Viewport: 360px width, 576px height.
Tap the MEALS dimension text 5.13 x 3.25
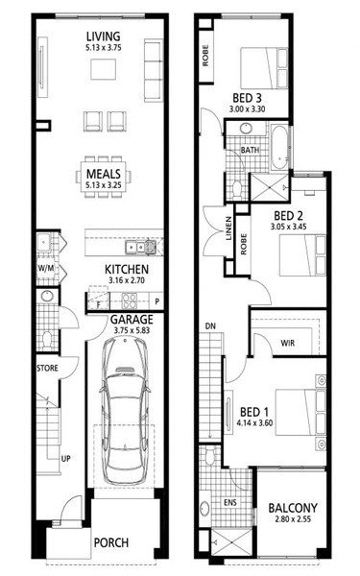(x=104, y=184)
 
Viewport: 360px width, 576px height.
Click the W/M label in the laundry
(x=46, y=268)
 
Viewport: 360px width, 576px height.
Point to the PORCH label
(x=111, y=542)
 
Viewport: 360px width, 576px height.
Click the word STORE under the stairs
(x=47, y=368)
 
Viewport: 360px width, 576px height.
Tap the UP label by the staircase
(x=65, y=459)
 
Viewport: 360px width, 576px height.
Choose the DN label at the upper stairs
(x=210, y=325)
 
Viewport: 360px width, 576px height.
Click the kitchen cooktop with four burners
(x=130, y=300)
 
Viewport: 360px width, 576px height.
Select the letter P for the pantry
(x=156, y=301)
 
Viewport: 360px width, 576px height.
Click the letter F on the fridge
(x=99, y=304)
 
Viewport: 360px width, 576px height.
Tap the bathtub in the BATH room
(x=280, y=147)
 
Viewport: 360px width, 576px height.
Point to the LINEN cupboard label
(x=228, y=228)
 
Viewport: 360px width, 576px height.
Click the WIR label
(x=287, y=343)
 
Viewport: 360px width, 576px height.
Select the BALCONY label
(x=293, y=508)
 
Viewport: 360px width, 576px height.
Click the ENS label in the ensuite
(x=230, y=502)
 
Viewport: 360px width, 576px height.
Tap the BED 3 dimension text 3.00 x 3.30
(x=247, y=109)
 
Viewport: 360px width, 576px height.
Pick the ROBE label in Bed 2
(x=244, y=244)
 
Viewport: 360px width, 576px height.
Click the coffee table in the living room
(x=104, y=69)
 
